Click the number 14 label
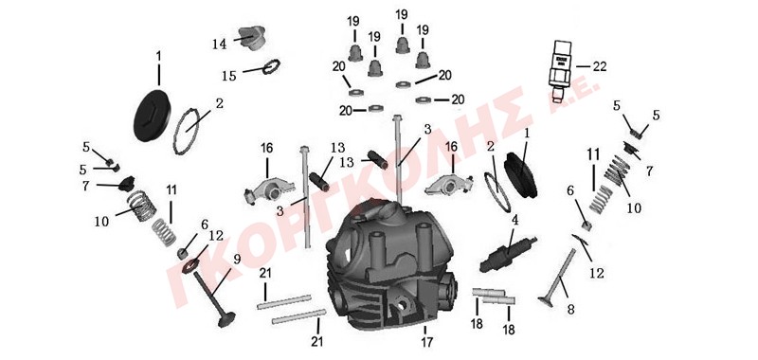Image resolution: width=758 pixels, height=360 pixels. [219, 45]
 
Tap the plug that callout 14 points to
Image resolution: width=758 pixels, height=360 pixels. [253, 38]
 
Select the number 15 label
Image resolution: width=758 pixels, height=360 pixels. [229, 77]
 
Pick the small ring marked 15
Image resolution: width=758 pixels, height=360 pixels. [272, 66]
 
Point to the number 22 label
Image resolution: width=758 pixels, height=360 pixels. [600, 66]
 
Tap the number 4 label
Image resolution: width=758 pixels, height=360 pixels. [515, 221]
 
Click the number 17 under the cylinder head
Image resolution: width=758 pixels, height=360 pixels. [427, 343]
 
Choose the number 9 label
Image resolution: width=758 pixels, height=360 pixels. [236, 259]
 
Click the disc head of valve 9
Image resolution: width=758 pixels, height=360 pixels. [226, 319]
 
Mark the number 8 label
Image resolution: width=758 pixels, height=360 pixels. [571, 309]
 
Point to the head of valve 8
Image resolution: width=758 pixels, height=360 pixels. [546, 301]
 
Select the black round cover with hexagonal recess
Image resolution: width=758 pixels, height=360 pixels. [152, 116]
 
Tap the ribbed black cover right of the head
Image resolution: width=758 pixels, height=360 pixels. [520, 175]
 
